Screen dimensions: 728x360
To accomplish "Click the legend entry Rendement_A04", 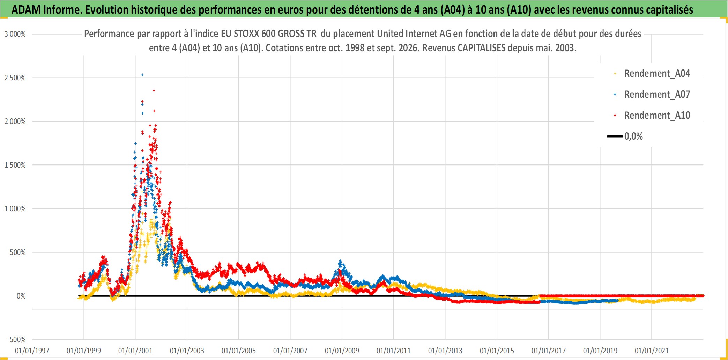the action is (652, 74).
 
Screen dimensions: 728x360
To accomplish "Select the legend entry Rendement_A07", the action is (652, 95).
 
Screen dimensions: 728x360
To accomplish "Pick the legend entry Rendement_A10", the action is (652, 116).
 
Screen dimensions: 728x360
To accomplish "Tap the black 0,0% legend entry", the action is (625, 136).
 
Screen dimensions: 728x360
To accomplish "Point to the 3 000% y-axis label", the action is (15, 34).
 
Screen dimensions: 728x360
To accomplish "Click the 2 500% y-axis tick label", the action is (15, 78).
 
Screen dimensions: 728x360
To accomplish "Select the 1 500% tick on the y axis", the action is (15, 165).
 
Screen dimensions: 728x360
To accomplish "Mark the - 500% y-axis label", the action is (16, 340).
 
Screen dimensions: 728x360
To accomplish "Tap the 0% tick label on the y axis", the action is (21, 296).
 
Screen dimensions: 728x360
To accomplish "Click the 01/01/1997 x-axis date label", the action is (32, 351).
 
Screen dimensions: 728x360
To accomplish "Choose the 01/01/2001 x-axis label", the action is (135, 351).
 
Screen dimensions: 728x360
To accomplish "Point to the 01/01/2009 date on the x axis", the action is (342, 351).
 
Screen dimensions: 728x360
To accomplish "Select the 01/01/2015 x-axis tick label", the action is (497, 351).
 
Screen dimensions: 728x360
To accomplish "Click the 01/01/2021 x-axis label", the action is (652, 351).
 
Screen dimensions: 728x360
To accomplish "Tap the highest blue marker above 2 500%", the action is (142, 75).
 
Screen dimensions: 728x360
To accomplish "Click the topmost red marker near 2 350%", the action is (154, 91).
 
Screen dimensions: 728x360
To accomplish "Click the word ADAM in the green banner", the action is (26, 10).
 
